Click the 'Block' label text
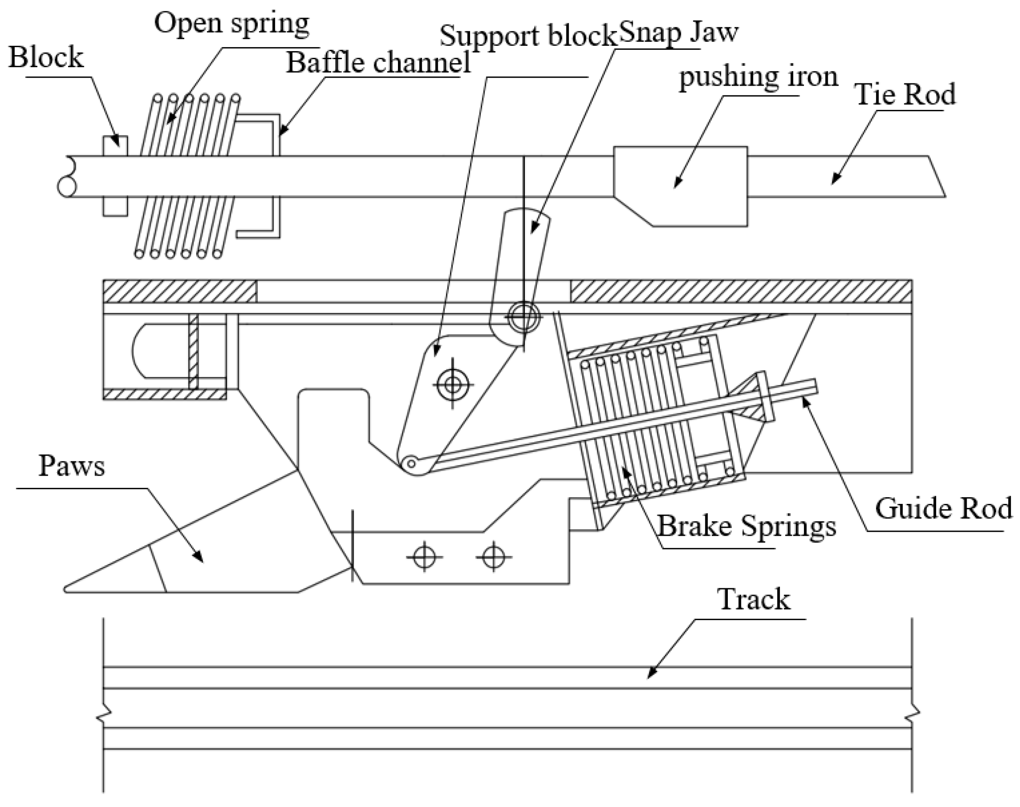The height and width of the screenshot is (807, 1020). coord(46,58)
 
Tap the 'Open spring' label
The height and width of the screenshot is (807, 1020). coord(231,24)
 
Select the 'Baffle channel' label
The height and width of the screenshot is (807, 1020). coord(378,63)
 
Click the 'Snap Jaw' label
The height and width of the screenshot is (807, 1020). coord(678,32)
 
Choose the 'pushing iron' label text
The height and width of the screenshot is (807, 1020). coord(758,77)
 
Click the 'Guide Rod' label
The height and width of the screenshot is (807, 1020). coord(943,509)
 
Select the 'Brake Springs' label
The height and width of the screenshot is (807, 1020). coord(747,526)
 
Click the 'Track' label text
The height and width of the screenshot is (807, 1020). coord(754,599)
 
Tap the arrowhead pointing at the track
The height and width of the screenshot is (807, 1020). coord(650,676)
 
